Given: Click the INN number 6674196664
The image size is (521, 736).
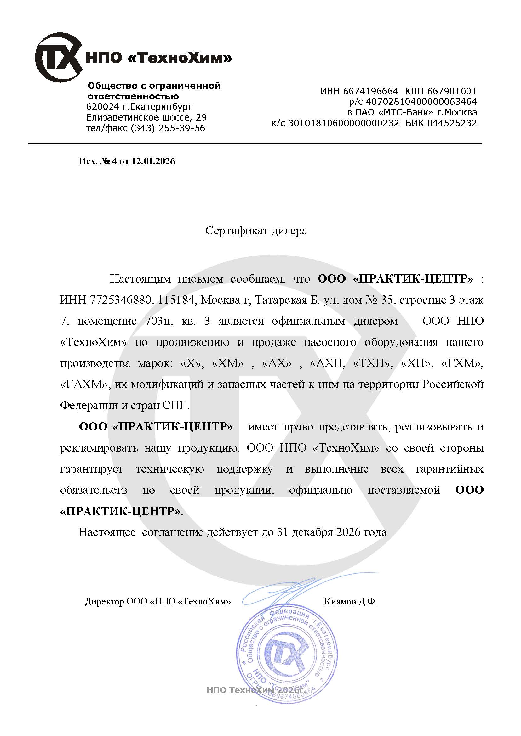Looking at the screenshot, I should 370,91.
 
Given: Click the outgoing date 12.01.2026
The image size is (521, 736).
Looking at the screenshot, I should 153,161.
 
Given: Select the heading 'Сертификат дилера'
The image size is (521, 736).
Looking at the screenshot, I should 256,231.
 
